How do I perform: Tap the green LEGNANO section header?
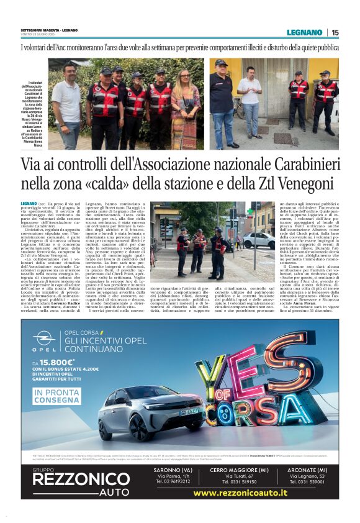point(305,32)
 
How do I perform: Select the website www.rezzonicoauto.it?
point(240,493)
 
